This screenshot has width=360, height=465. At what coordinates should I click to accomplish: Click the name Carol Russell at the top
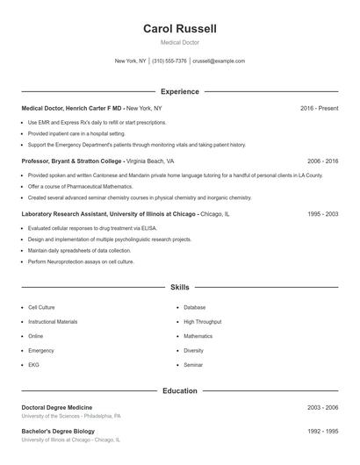coord(179,28)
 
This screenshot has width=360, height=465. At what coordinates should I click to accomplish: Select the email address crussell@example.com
coord(218,61)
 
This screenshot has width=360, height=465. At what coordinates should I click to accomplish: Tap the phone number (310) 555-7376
coord(169,61)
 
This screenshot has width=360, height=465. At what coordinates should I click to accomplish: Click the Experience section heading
coord(179,91)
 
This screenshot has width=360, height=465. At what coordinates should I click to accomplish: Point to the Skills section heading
coord(179,287)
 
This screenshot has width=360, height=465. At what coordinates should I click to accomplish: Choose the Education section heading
coord(179,390)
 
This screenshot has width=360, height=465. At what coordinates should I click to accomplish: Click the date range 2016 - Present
coord(319,109)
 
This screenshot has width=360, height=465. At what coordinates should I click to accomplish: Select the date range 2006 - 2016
coord(322,161)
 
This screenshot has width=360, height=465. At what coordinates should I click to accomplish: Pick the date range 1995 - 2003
coord(322,213)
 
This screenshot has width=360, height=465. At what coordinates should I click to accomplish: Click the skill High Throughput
coord(202,322)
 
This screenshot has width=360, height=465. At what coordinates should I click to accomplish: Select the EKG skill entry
coord(34,364)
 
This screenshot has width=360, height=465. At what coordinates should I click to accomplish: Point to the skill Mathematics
coord(198,336)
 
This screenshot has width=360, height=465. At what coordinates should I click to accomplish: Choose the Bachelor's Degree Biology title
coord(57,432)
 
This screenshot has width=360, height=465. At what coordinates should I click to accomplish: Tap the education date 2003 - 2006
coord(322,408)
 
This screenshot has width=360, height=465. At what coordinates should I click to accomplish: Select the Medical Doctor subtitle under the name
coord(179,42)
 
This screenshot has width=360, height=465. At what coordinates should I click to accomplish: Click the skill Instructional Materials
coord(53,322)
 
